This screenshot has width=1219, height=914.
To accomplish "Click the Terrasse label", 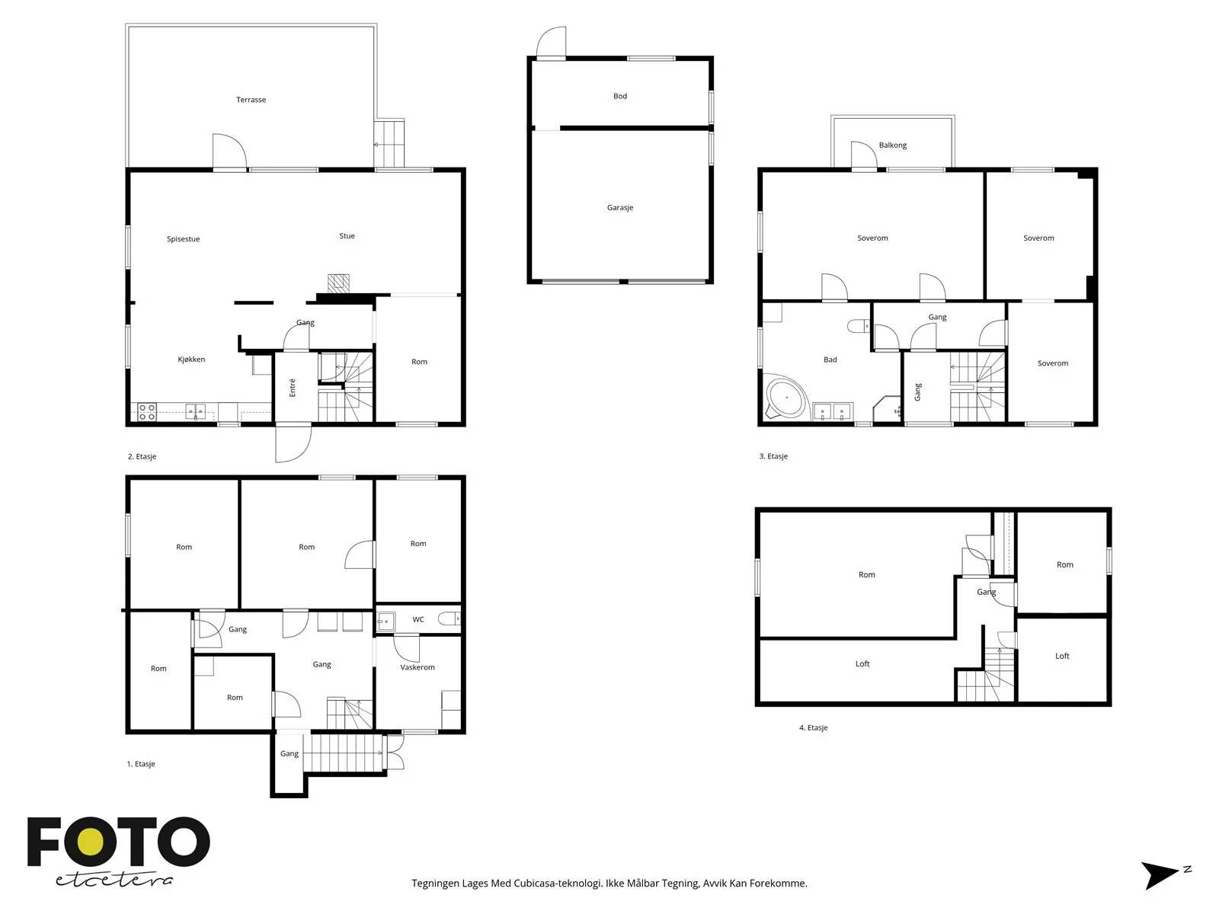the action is click(x=251, y=100).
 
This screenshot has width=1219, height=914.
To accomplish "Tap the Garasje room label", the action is click(x=619, y=207).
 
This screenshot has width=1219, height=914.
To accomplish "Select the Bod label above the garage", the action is click(x=619, y=96).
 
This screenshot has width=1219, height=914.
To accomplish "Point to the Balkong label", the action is click(x=892, y=145).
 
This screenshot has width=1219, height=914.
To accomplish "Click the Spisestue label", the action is click(x=184, y=239).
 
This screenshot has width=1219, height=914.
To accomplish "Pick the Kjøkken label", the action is click(x=191, y=360).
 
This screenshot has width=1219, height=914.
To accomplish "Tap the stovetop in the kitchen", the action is click(x=146, y=412).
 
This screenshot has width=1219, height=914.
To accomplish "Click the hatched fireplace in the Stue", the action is click(x=338, y=283).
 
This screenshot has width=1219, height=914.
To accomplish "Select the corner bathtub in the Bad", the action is click(x=785, y=398).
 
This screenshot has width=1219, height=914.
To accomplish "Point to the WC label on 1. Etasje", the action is click(x=418, y=619).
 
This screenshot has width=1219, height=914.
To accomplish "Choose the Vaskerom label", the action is click(x=418, y=667).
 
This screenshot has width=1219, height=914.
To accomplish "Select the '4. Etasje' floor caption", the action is click(x=813, y=727).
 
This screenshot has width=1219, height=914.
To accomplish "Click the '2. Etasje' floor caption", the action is click(x=142, y=457).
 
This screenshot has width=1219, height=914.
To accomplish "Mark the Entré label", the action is click(x=293, y=388).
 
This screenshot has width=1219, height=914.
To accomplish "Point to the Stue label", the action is click(x=347, y=236).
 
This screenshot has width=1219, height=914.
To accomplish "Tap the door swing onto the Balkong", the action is click(x=864, y=155).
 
